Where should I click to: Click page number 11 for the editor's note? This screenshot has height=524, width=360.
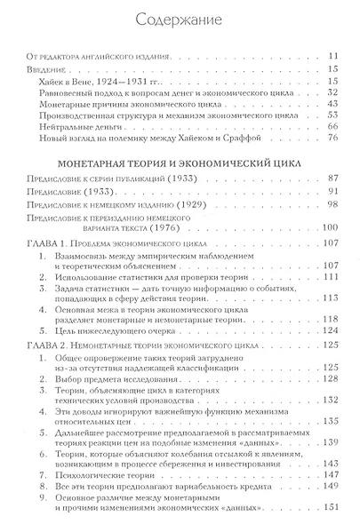(331, 56)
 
